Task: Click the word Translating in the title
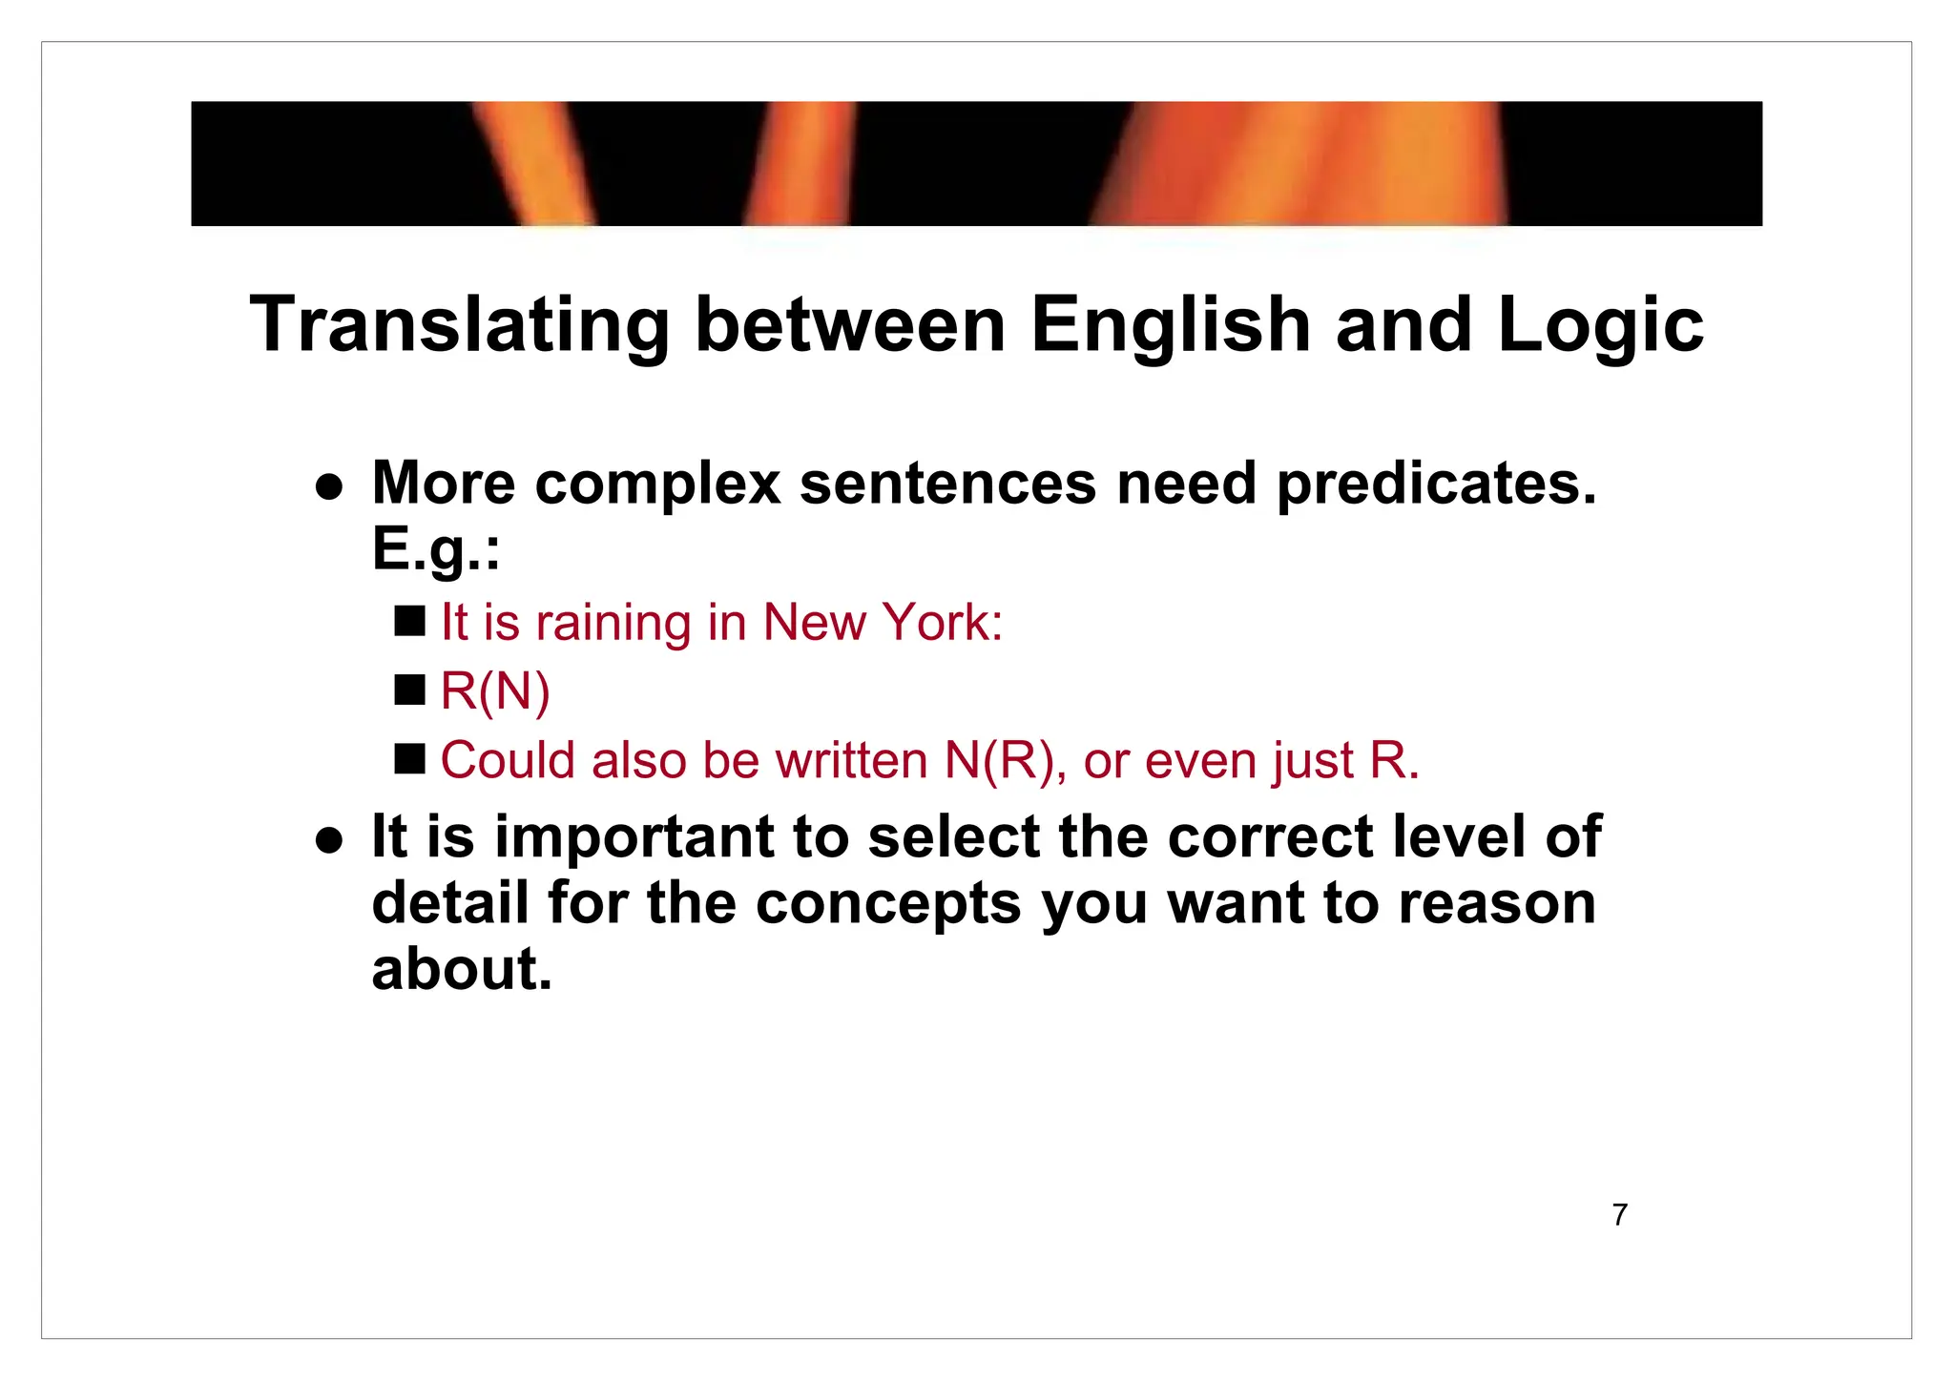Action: click(x=460, y=326)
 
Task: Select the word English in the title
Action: click(x=1170, y=326)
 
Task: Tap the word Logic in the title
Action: click(x=1600, y=326)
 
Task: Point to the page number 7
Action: click(x=1619, y=1215)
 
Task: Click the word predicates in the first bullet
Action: click(x=1436, y=485)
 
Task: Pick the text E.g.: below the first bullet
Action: click(x=435, y=551)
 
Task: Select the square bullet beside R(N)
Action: click(x=409, y=690)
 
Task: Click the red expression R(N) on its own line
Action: click(x=495, y=691)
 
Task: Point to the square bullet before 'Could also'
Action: click(x=409, y=759)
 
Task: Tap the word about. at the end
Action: click(x=462, y=969)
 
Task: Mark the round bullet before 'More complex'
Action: click(x=329, y=487)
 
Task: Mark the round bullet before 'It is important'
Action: click(x=329, y=840)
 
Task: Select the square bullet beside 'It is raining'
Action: click(x=409, y=621)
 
